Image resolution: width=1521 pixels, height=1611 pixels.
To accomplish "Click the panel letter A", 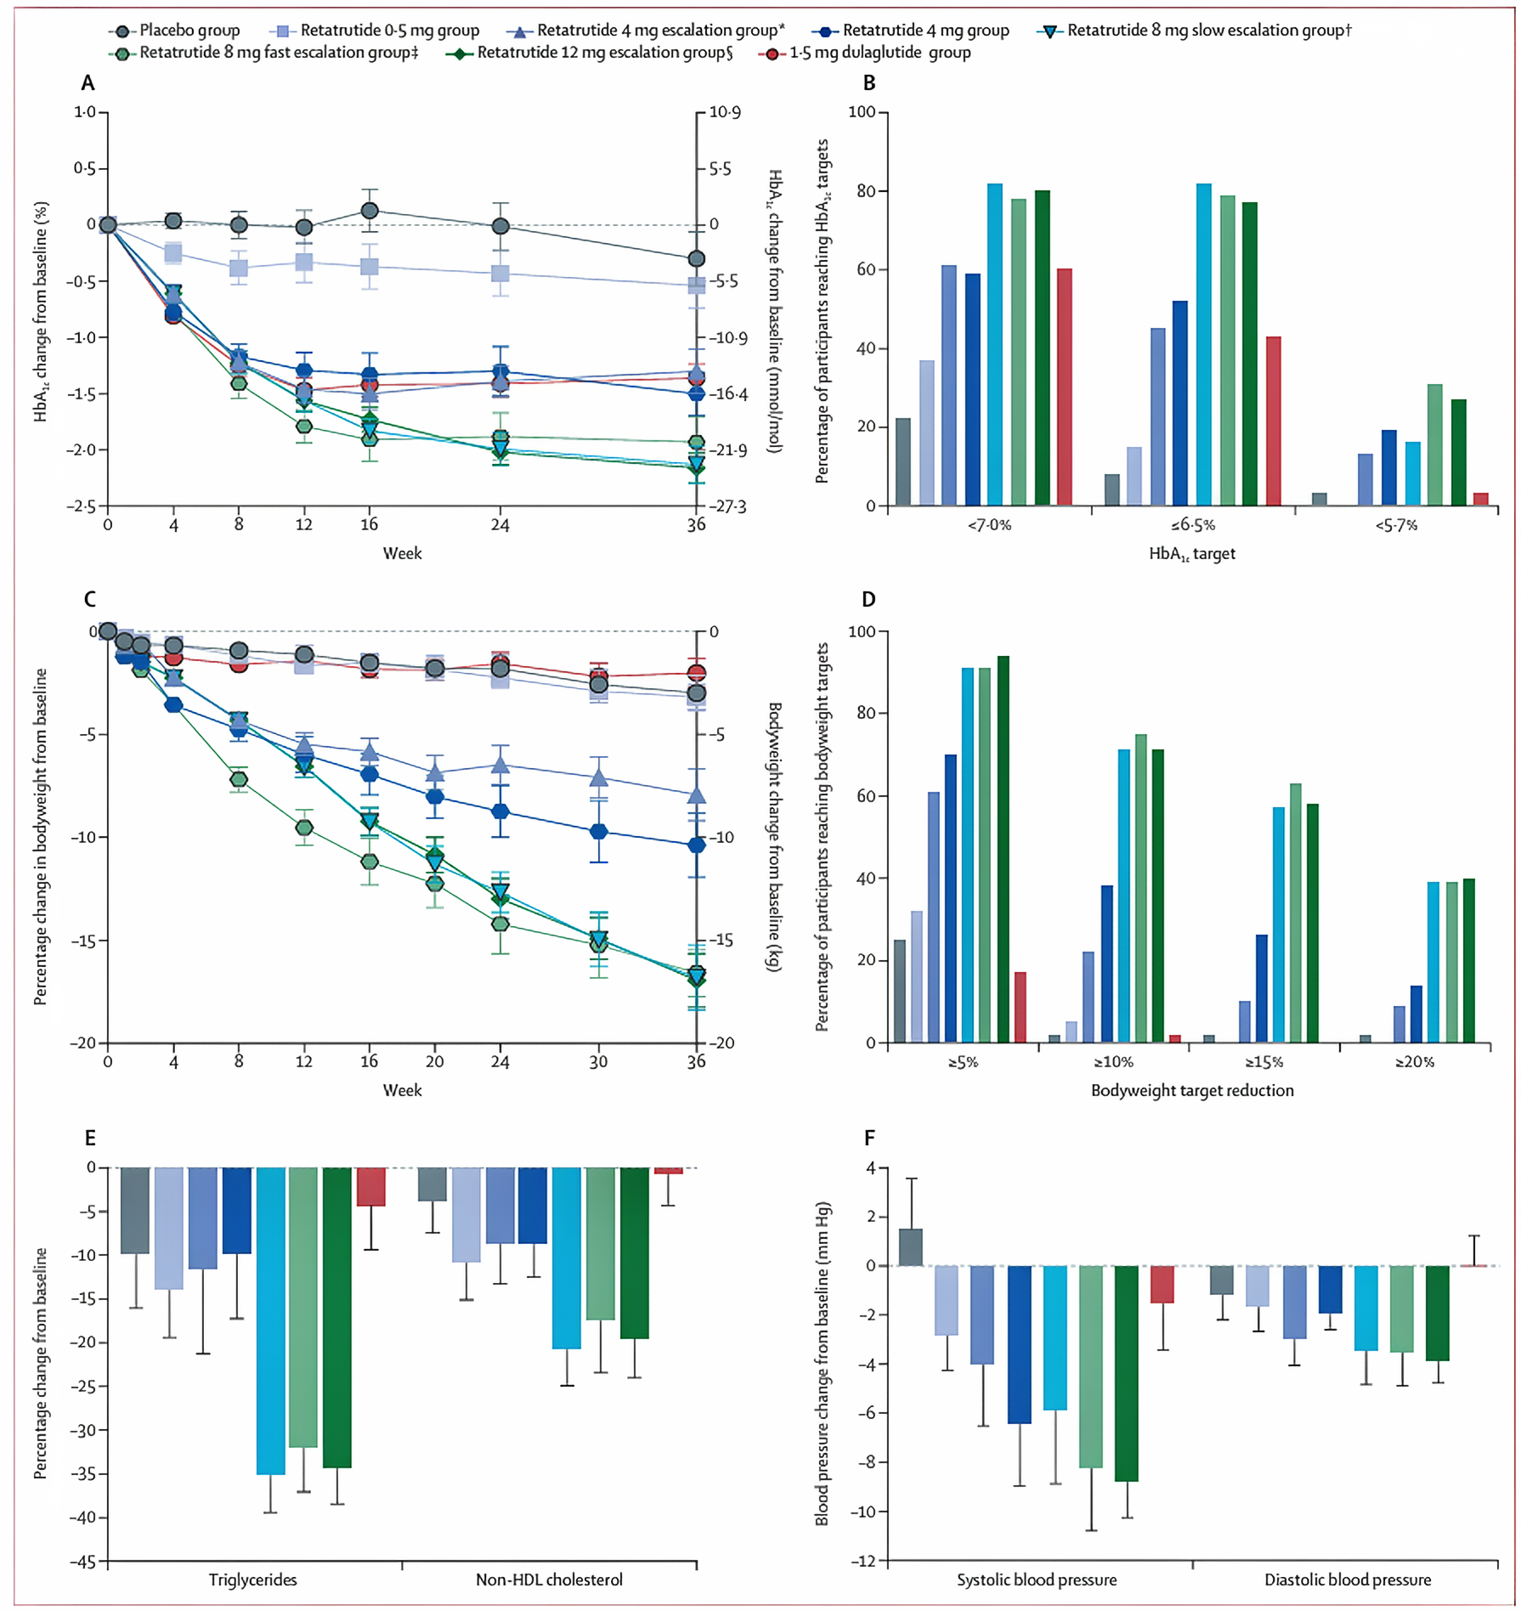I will [88, 83].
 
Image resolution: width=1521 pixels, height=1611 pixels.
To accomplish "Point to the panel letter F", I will [869, 1138].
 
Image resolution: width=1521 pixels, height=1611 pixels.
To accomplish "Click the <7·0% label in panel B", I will [989, 526].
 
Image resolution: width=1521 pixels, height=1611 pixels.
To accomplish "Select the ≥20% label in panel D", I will [1415, 1062].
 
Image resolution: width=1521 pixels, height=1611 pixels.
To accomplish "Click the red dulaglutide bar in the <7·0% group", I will [1064, 387].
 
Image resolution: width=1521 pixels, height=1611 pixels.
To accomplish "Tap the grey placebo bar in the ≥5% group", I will [900, 991].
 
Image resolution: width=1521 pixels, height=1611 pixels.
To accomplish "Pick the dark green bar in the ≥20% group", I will [1468, 960].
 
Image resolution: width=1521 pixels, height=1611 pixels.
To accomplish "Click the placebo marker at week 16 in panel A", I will [370, 211].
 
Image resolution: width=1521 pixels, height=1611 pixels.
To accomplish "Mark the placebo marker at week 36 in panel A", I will [696, 259].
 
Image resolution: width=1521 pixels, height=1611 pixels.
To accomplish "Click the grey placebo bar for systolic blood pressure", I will [910, 1246].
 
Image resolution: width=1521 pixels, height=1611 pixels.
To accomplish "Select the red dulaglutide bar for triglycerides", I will [370, 1186].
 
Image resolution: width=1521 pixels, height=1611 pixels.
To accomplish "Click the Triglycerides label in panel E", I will [253, 1580].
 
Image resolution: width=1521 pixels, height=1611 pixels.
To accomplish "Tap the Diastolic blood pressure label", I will [1347, 1580].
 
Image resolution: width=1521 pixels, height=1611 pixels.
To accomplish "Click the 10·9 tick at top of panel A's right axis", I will [724, 113].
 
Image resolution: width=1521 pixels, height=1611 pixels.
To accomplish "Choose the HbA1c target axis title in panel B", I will [1191, 554].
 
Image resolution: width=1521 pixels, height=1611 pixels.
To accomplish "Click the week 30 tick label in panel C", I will [598, 1061].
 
